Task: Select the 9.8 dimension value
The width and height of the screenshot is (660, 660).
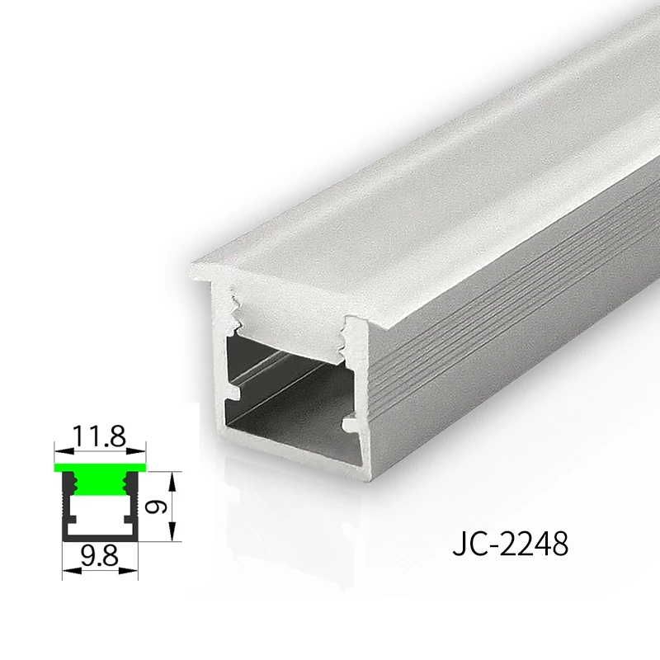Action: pyautogui.click(x=99, y=555)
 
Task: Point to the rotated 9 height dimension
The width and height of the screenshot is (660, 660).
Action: pyautogui.click(x=156, y=507)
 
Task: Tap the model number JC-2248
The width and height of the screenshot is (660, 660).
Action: pyautogui.click(x=511, y=544)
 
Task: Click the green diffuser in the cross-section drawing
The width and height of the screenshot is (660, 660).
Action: pyautogui.click(x=100, y=468)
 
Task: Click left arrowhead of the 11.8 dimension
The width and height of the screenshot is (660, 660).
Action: pyautogui.click(x=64, y=451)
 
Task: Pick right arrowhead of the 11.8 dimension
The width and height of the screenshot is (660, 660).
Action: pyautogui.click(x=137, y=451)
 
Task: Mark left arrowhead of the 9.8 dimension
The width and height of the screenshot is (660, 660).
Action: pyautogui.click(x=72, y=571)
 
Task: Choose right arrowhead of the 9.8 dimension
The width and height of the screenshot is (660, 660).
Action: pyautogui.click(x=129, y=571)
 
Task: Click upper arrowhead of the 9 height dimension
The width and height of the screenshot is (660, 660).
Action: pyautogui.click(x=172, y=481)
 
